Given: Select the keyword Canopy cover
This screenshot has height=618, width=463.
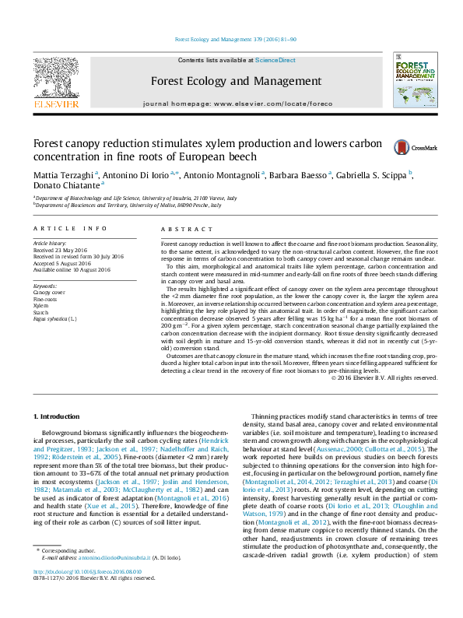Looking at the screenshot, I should pyautogui.click(x=50, y=293).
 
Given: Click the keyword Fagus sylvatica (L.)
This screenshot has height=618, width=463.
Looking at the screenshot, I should pyautogui.click(x=55, y=318).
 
